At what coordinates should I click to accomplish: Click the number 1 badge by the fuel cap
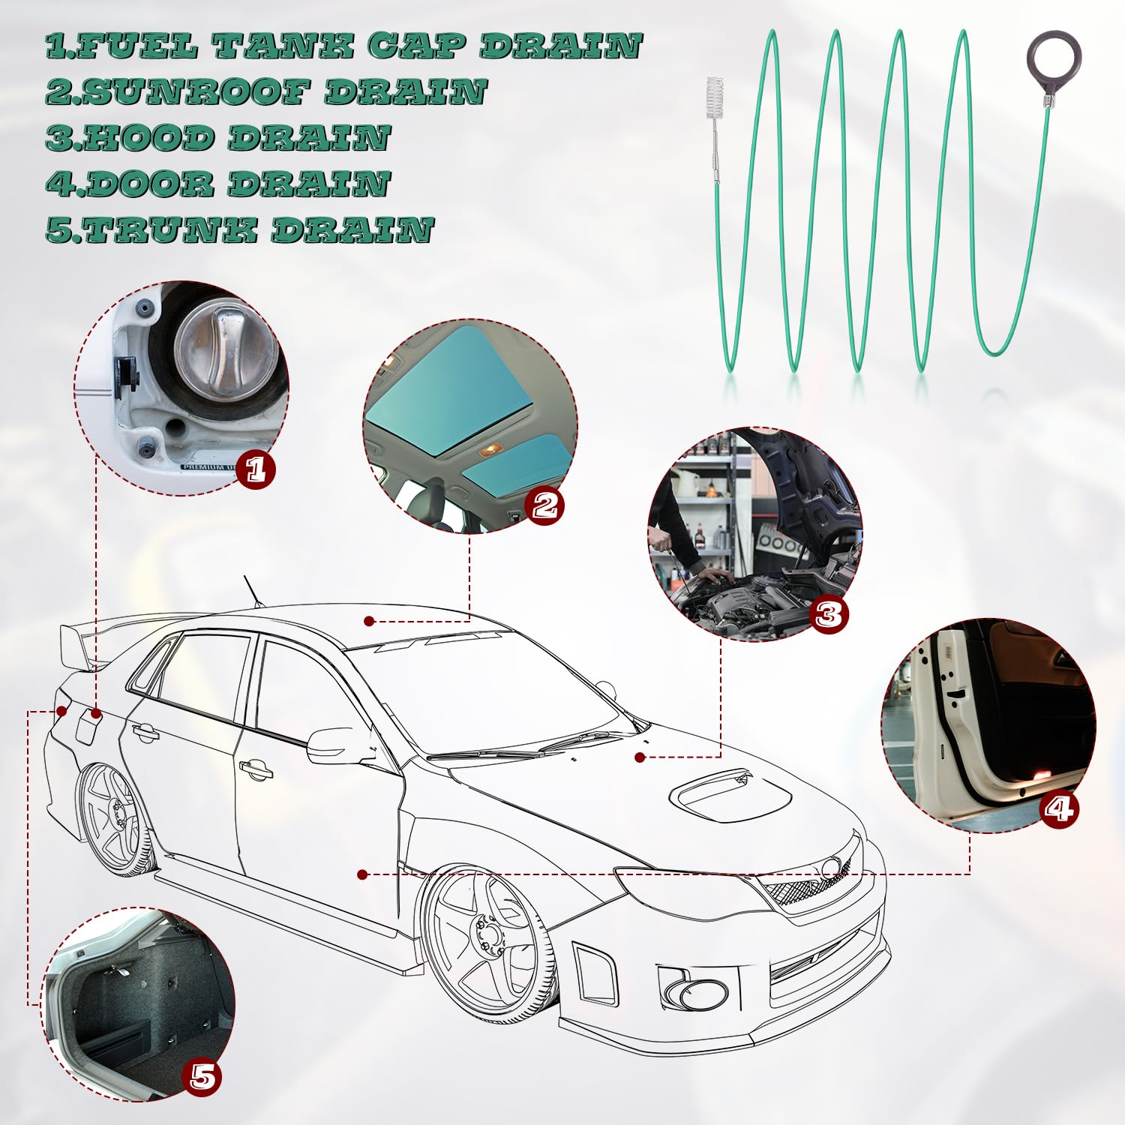coord(256,469)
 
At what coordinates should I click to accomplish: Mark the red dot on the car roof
coord(369,621)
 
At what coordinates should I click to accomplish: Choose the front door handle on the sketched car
coord(256,768)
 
